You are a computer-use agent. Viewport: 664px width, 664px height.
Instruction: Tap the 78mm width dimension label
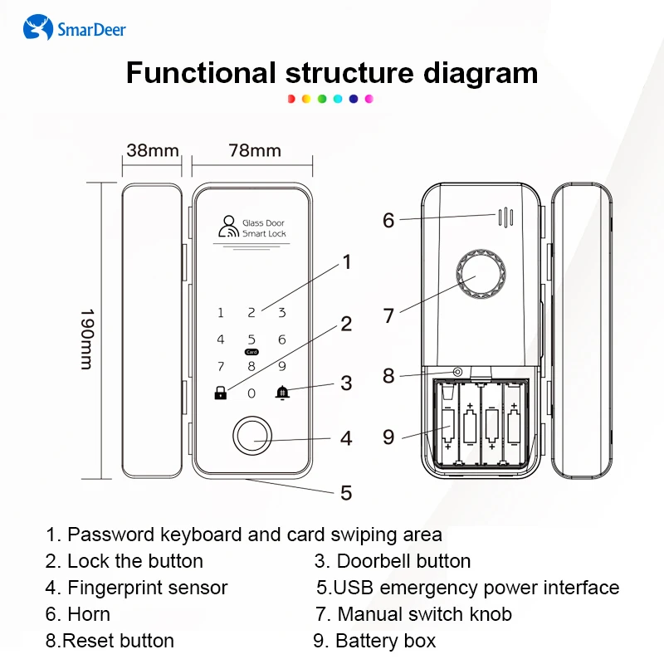pyautogui.click(x=255, y=151)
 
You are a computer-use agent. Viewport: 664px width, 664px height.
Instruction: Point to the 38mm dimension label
pyautogui.click(x=152, y=151)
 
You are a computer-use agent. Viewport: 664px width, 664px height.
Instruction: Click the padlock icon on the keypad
pyautogui.click(x=220, y=392)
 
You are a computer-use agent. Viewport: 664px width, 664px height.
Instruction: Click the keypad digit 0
pyautogui.click(x=251, y=393)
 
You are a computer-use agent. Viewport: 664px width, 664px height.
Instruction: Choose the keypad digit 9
pyautogui.click(x=282, y=365)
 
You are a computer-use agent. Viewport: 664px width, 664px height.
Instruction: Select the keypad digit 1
pyautogui.click(x=221, y=313)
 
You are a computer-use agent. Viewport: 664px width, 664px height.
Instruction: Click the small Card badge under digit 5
pyautogui.click(x=251, y=352)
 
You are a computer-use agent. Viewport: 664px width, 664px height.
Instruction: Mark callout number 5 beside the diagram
pyautogui.click(x=346, y=492)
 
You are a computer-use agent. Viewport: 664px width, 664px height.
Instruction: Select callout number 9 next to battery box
pyautogui.click(x=388, y=437)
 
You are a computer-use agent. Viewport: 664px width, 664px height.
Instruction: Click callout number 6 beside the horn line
pyautogui.click(x=388, y=221)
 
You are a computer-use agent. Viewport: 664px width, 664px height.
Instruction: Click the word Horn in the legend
pyautogui.click(x=89, y=614)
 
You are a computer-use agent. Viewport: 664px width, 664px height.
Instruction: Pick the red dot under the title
pyautogui.click(x=291, y=99)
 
